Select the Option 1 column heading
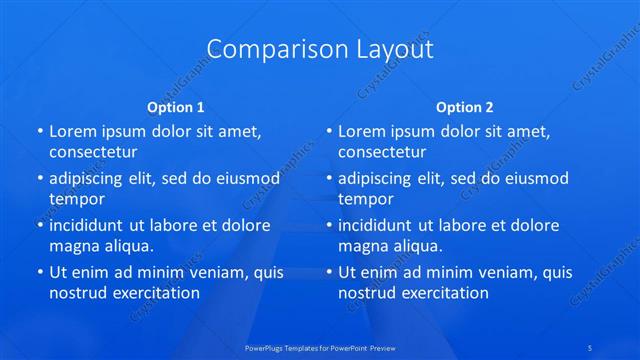pos(176,106)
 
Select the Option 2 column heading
pos(464,106)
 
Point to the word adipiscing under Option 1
pos(92,178)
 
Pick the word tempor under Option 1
pos(77,198)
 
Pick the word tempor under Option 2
pos(366,198)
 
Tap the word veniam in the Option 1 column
pos(203,272)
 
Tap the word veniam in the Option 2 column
pos(492,272)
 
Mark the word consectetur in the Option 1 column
pos(93,152)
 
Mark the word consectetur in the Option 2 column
pos(382,152)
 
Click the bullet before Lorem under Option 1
pos(39,131)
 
